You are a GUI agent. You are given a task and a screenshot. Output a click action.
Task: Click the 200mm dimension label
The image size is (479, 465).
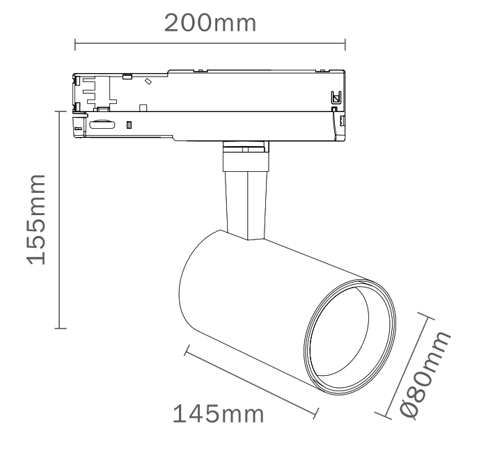210,23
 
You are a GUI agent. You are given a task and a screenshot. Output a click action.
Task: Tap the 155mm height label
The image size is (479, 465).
36,220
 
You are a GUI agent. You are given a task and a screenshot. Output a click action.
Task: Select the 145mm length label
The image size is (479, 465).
218,414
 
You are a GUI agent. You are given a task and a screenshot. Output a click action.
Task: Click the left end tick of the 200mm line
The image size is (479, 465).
75,45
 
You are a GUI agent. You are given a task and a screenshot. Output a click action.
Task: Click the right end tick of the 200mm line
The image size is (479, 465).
345,45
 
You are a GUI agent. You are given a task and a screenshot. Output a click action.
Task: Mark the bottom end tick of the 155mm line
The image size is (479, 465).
61,329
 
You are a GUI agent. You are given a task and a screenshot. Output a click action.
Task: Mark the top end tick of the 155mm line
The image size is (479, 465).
61,111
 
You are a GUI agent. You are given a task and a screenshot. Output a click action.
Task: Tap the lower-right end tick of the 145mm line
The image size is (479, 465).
316,413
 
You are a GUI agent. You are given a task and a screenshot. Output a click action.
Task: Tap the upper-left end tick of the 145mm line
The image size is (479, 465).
187,350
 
